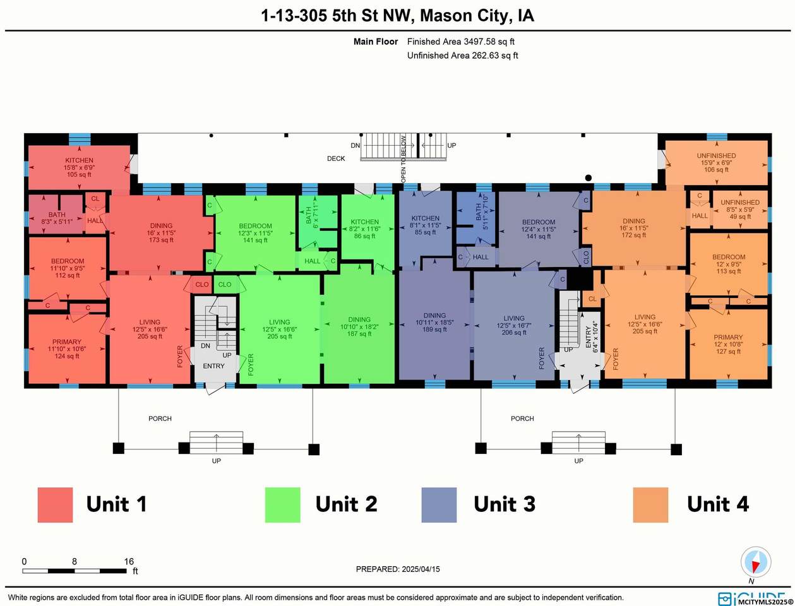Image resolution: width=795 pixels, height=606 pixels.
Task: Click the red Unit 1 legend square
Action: pos(55,504)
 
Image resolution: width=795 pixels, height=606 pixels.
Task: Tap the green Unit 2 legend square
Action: pos(282,504)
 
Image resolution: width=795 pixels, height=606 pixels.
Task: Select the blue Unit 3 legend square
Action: pos(439,504)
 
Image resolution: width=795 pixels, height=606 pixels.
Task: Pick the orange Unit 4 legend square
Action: pos(650,504)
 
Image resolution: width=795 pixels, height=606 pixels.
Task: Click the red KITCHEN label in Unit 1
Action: pos(79,160)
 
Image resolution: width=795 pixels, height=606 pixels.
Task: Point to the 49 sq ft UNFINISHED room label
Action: pos(740,210)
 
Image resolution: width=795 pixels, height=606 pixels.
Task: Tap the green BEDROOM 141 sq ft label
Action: pos(255,233)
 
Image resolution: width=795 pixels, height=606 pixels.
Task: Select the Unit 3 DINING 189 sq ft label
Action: pos(434,323)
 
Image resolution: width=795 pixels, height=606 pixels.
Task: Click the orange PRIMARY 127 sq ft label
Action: pos(728,344)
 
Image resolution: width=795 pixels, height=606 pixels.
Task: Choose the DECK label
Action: pos(336,158)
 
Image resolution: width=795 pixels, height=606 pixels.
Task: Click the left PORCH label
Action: pos(160,419)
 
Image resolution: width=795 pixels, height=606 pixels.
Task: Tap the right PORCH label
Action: pos(522,419)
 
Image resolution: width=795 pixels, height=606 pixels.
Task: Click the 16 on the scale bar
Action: pos(129,561)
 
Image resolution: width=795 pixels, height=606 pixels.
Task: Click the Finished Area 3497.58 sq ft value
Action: pos(461,42)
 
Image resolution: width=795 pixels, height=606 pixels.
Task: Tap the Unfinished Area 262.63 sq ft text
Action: pos(462,56)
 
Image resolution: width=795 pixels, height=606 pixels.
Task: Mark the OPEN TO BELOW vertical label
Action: pos(403,159)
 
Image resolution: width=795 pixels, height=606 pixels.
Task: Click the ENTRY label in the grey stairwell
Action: pos(213,366)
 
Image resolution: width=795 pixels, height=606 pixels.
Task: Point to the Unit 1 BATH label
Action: pos(57,215)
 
